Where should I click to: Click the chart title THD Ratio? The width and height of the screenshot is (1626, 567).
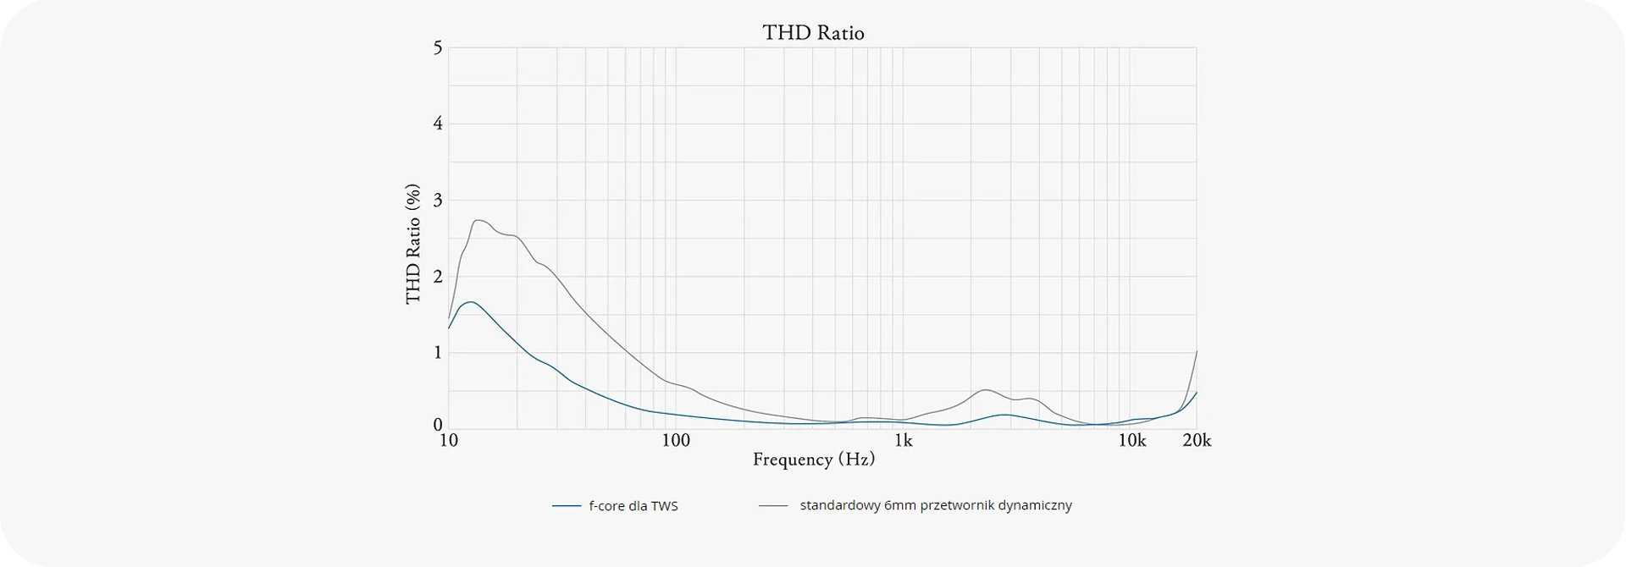[x=813, y=32]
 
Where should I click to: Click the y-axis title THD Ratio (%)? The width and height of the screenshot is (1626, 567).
[x=413, y=244]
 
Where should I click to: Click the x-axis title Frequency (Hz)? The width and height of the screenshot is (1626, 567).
[x=813, y=460]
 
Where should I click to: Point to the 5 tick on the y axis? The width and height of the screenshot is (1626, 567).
[x=437, y=47]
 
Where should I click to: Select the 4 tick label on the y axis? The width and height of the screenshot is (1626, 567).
[x=437, y=124]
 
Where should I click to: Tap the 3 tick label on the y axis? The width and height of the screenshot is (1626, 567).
[x=437, y=201]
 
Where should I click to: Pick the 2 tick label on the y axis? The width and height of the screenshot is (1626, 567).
[x=437, y=277]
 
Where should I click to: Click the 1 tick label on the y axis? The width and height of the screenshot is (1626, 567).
[x=437, y=352]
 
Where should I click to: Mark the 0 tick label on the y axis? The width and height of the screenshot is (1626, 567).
[x=437, y=425]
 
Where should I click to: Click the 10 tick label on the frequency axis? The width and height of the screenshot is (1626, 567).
[x=449, y=441]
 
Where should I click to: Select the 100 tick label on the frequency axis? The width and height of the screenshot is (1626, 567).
[x=676, y=441]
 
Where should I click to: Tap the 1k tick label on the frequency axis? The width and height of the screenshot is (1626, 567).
[x=904, y=441]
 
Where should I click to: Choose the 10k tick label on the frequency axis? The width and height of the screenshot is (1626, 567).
[x=1132, y=441]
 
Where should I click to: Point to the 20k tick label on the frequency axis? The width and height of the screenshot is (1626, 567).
[x=1197, y=441]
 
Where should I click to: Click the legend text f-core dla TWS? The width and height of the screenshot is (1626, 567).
[x=633, y=506]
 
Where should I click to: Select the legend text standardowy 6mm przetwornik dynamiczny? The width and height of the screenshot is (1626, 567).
[x=936, y=505]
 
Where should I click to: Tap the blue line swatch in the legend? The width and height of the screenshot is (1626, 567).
[x=566, y=506]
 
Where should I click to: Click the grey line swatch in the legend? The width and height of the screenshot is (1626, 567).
[x=773, y=506]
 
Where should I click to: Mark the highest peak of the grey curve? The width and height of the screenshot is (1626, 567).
[x=478, y=220]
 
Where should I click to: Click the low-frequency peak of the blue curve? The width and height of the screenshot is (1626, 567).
[x=470, y=301]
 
